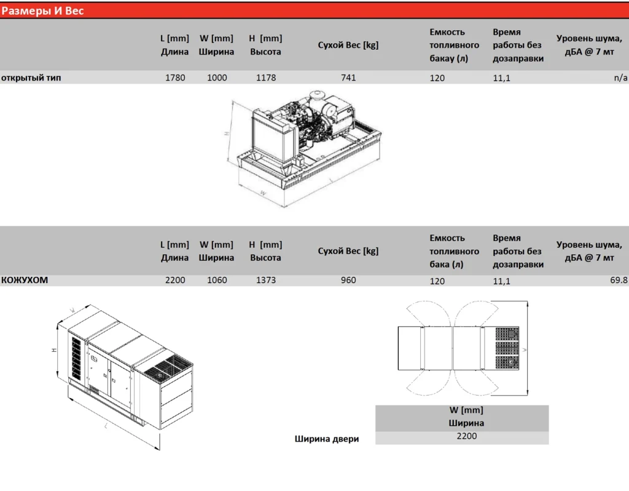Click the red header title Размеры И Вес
point(42,10)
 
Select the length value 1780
point(175,78)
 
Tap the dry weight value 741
point(348,78)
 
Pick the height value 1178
point(266,78)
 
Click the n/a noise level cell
point(620,78)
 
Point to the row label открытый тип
point(31,78)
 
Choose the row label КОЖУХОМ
point(25,280)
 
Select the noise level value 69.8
point(619,280)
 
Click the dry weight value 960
point(348,280)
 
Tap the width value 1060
point(217,280)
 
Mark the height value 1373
point(266,280)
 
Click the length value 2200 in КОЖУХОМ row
point(175,280)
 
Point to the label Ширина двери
point(327,439)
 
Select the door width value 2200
point(467,436)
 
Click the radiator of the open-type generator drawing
point(270,138)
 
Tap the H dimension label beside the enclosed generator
point(54,350)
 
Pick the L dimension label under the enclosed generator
point(106,426)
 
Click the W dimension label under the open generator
point(263,193)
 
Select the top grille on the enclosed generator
point(168,368)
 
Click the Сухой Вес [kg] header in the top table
point(348,45)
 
